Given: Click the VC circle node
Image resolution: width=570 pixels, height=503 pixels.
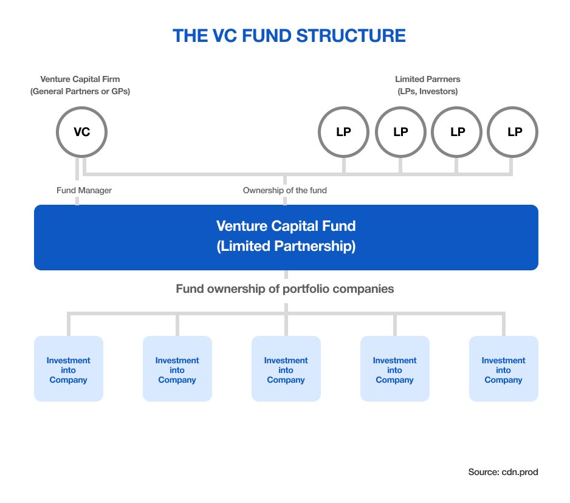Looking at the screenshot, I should point(81,132).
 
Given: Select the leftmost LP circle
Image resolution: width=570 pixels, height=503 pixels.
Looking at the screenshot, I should point(343,132).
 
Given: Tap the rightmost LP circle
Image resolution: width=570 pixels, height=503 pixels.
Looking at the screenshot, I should point(514,132).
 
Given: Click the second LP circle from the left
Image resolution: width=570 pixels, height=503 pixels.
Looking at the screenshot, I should point(400,132).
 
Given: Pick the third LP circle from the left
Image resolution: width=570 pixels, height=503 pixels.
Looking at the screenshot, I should point(457,132).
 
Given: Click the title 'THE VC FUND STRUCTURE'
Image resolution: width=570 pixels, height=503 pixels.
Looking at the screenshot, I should point(289,35).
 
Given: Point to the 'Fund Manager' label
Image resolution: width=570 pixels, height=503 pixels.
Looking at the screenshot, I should point(84,190).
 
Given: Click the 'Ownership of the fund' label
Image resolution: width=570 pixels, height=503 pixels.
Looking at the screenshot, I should point(284,190).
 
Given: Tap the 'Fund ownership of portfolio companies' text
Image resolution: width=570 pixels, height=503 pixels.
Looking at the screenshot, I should point(284,289).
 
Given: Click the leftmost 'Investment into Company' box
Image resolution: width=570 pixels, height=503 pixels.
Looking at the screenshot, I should point(68,369).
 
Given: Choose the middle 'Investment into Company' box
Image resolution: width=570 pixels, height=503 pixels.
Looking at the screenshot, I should point(286,369).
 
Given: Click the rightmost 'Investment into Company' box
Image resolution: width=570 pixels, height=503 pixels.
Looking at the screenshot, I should point(503,369).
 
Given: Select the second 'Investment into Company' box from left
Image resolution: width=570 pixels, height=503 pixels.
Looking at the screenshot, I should point(177,369).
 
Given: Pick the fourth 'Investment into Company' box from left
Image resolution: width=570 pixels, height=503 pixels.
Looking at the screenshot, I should point(394,369).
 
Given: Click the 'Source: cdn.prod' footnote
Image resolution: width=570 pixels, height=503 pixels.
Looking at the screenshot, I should point(503,472).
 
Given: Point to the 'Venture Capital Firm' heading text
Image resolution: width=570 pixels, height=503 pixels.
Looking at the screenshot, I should point(80,79).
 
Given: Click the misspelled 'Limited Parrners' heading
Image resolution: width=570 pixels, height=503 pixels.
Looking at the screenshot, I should point(427,79).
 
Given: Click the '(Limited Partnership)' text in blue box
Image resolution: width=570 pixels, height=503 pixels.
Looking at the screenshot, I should point(286,247).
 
